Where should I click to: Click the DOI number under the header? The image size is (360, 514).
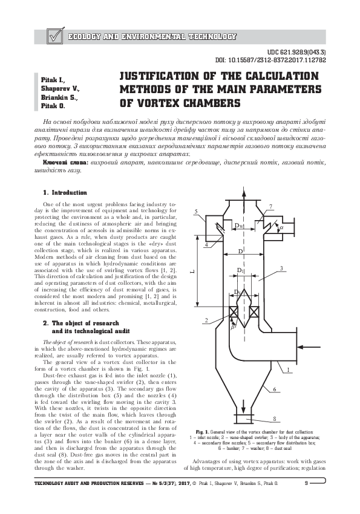[270, 60]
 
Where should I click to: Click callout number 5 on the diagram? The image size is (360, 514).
[197, 210]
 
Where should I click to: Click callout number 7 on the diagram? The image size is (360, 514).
[270, 207]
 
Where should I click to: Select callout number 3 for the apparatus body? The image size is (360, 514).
[282, 267]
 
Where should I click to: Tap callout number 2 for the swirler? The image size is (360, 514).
[206, 320]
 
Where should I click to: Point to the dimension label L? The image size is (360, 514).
[192, 273]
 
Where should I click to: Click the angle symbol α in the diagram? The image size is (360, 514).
[281, 228]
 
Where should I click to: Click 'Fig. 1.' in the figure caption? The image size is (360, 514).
[199, 432]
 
